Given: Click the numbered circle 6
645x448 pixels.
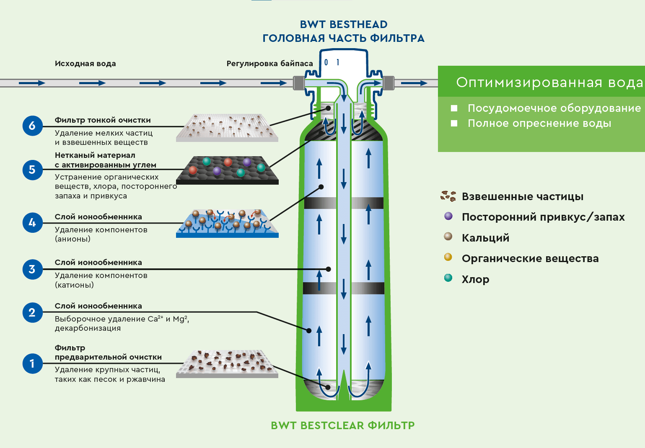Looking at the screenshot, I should [x=32, y=126].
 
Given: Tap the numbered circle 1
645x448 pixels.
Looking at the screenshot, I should [x=32, y=363].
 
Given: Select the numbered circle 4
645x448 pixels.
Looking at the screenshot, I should [x=32, y=223].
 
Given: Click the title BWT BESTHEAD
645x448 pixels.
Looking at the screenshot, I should [x=344, y=24].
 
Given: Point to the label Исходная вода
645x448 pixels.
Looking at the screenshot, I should [x=85, y=64].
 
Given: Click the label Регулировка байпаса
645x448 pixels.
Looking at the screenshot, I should [x=269, y=64].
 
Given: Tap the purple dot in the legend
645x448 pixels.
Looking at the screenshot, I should [x=448, y=216].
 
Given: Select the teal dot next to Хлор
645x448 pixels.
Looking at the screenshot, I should [x=448, y=278].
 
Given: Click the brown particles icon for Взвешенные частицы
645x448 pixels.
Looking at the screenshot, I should [x=448, y=196].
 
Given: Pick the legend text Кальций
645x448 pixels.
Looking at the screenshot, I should [x=485, y=238].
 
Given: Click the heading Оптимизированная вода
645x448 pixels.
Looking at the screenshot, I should [x=549, y=82].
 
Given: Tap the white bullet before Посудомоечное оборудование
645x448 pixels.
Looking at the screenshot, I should [x=454, y=108].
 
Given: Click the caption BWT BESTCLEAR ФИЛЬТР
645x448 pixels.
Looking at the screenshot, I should [x=343, y=425].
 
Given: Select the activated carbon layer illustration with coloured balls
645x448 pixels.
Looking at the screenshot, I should [x=228, y=170].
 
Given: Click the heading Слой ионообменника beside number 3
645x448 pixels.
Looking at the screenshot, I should [x=98, y=263].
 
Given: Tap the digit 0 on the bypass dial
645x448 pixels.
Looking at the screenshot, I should [x=326, y=63].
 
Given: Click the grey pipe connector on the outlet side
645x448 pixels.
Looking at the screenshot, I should [x=389, y=83].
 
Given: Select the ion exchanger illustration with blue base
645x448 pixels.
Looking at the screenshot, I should [x=227, y=223].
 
